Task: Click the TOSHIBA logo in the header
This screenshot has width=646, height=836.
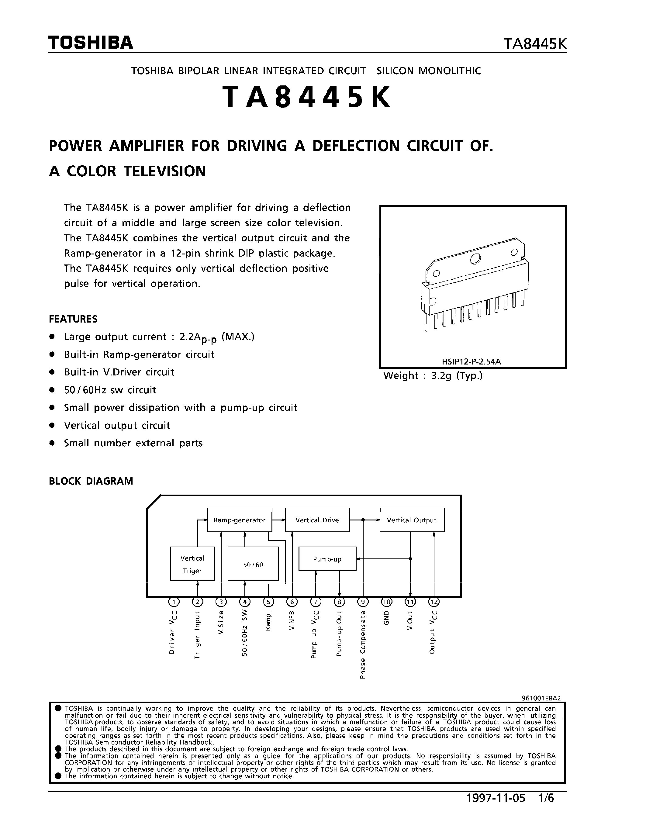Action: click(90, 43)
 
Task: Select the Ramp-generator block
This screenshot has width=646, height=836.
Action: click(240, 520)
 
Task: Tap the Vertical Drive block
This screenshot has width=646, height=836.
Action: click(317, 520)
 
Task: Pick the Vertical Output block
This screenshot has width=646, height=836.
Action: click(412, 520)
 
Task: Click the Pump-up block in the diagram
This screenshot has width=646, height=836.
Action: click(327, 559)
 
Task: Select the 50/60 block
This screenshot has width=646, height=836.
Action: click(253, 565)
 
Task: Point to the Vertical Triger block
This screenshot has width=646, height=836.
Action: click(192, 564)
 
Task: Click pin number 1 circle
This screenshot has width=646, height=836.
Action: click(174, 602)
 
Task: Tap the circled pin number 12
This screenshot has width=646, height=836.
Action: click(434, 602)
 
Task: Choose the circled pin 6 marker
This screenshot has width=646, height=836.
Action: click(292, 602)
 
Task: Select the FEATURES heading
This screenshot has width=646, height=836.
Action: click(73, 319)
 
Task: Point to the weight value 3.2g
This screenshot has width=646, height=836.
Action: click(442, 375)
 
